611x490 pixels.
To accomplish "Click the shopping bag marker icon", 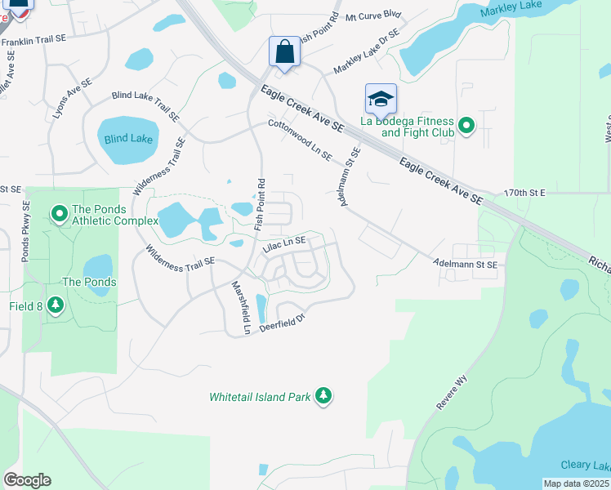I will pyautogui.click(x=283, y=51).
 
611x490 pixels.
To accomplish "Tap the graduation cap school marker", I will pyautogui.click(x=381, y=99).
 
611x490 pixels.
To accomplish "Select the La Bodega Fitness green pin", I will pyautogui.click(x=466, y=126).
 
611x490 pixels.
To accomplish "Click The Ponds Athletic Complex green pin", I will pyautogui.click(x=59, y=215).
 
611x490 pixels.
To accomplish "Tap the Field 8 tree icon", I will pyautogui.click(x=56, y=305).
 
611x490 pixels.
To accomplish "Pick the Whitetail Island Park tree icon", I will pyautogui.click(x=323, y=396).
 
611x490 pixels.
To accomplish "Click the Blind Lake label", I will pyautogui.click(x=128, y=139).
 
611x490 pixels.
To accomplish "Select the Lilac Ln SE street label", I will pyautogui.click(x=283, y=242).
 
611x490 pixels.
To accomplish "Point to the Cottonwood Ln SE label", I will pyautogui.click(x=300, y=139).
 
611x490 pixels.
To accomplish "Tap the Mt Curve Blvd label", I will pyautogui.click(x=373, y=16).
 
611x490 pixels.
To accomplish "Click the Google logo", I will pyautogui.click(x=27, y=480).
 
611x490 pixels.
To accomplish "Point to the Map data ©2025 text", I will pyautogui.click(x=577, y=483).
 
